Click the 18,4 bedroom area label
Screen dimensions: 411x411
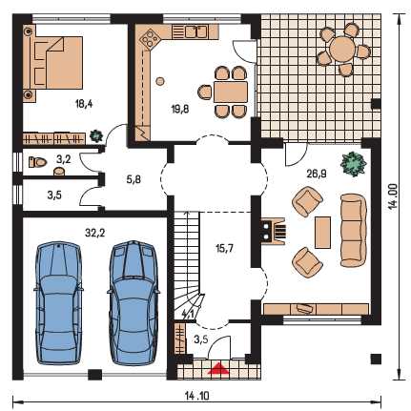tap(84, 104)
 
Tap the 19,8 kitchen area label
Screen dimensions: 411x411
tap(180, 110)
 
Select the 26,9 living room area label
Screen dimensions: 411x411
tap(318, 174)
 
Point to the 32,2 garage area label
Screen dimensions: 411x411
tap(95, 233)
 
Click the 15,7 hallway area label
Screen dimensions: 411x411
tap(224, 248)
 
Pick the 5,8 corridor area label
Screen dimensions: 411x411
tap(134, 179)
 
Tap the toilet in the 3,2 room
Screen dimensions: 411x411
tap(38, 162)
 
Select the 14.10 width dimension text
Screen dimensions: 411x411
tap(197, 396)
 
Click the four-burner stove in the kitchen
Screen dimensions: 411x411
tap(150, 38)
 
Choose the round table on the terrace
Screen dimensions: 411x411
tap(341, 49)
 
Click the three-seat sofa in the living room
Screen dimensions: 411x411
tap(353, 230)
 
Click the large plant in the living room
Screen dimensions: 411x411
tap(353, 164)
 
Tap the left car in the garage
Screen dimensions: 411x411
tap(58, 303)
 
